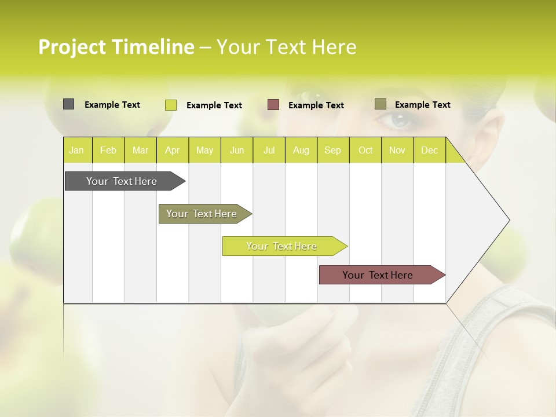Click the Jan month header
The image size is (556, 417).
[76, 150]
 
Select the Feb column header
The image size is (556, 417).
[108, 150]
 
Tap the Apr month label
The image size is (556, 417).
[172, 150]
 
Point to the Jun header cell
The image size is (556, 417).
[237, 150]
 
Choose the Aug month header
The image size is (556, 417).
[301, 150]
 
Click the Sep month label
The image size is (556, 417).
[332, 150]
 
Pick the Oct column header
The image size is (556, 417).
[365, 150]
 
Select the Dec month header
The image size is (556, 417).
[429, 150]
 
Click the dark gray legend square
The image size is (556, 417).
[68, 104]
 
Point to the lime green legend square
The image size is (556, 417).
[170, 105]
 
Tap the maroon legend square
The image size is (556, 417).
[273, 105]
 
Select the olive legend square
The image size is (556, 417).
[380, 104]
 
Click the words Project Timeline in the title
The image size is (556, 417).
[116, 47]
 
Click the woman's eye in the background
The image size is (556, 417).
[397, 120]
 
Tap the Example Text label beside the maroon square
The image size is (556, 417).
[316, 105]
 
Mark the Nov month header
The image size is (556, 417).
[397, 150]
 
